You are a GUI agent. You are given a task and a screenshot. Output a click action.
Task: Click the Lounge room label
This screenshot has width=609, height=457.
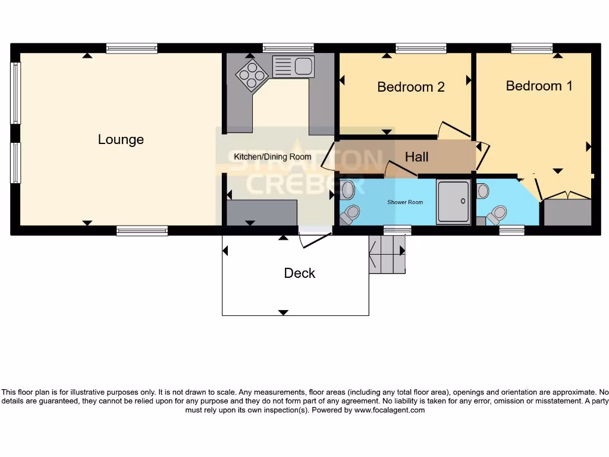tap(121, 140)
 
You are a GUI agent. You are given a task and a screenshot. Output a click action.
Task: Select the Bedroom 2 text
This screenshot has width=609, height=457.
tap(411, 87)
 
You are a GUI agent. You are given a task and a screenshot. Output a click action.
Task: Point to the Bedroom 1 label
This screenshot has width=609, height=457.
tap(539, 86)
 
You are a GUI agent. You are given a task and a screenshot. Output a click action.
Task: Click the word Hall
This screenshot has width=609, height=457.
tap(416, 157)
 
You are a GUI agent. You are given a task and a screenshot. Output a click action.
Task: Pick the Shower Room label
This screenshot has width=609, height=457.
tap(405, 202)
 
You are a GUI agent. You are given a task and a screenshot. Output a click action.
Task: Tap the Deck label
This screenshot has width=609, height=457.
tap(299, 273)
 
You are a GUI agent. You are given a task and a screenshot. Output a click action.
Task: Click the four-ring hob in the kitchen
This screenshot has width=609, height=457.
tap(251, 76)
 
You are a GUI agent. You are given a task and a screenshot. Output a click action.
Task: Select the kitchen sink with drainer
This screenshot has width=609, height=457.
tap(293, 66)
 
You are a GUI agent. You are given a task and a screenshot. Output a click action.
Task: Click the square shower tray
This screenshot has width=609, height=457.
tap(453, 202)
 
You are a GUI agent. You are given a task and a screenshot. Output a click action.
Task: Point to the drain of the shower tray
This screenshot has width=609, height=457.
tap(462, 201)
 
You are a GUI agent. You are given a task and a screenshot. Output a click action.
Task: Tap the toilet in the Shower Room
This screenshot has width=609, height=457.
tap(352, 212)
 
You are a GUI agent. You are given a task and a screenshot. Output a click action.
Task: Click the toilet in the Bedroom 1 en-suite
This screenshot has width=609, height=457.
tap(497, 214)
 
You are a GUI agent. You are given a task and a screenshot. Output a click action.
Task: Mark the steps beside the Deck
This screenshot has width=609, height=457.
tap(387, 254)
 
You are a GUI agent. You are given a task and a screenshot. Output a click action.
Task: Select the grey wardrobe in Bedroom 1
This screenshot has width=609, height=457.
tap(568, 212)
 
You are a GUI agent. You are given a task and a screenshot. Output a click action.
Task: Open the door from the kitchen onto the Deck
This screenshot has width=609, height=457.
tap(315, 239)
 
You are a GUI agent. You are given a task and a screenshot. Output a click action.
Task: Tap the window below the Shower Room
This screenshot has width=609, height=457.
tap(397, 230)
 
